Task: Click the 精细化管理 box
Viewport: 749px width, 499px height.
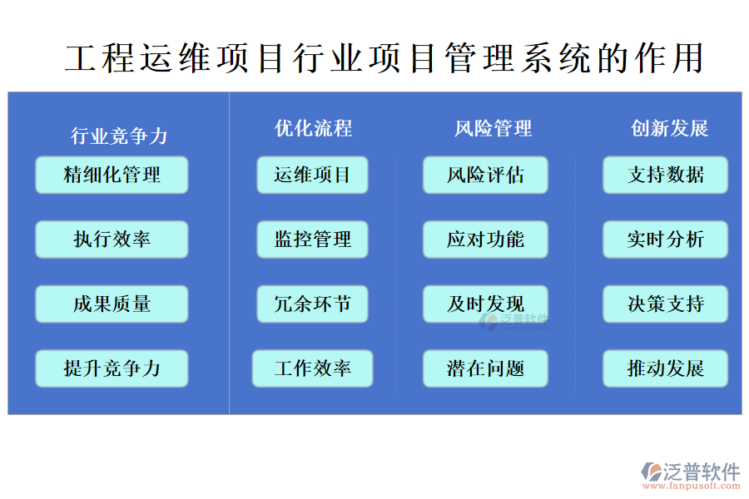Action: [x=112, y=175]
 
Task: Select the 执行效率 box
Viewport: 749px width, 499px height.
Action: [x=112, y=240]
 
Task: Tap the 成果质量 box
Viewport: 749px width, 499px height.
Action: [x=112, y=304]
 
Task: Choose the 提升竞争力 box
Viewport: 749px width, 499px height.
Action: [x=112, y=368]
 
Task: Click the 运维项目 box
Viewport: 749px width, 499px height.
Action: [x=312, y=175]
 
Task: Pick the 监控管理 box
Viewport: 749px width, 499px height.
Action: [x=312, y=240]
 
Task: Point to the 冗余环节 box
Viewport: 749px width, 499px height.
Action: [x=312, y=304]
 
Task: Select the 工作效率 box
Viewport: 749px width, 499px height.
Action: [x=312, y=368]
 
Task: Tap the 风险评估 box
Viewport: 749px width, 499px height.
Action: [x=485, y=175]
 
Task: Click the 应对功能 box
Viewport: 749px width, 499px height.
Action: [x=485, y=240]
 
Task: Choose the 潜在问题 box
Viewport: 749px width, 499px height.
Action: [x=485, y=368]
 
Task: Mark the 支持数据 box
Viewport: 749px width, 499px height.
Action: [x=665, y=175]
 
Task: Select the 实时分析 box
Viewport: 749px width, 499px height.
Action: [x=665, y=240]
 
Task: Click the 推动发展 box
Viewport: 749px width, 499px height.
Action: [x=665, y=368]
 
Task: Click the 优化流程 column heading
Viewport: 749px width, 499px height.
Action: [x=313, y=128]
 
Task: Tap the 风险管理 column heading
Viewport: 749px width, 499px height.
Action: [x=493, y=128]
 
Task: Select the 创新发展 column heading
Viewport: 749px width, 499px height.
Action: [x=669, y=128]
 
